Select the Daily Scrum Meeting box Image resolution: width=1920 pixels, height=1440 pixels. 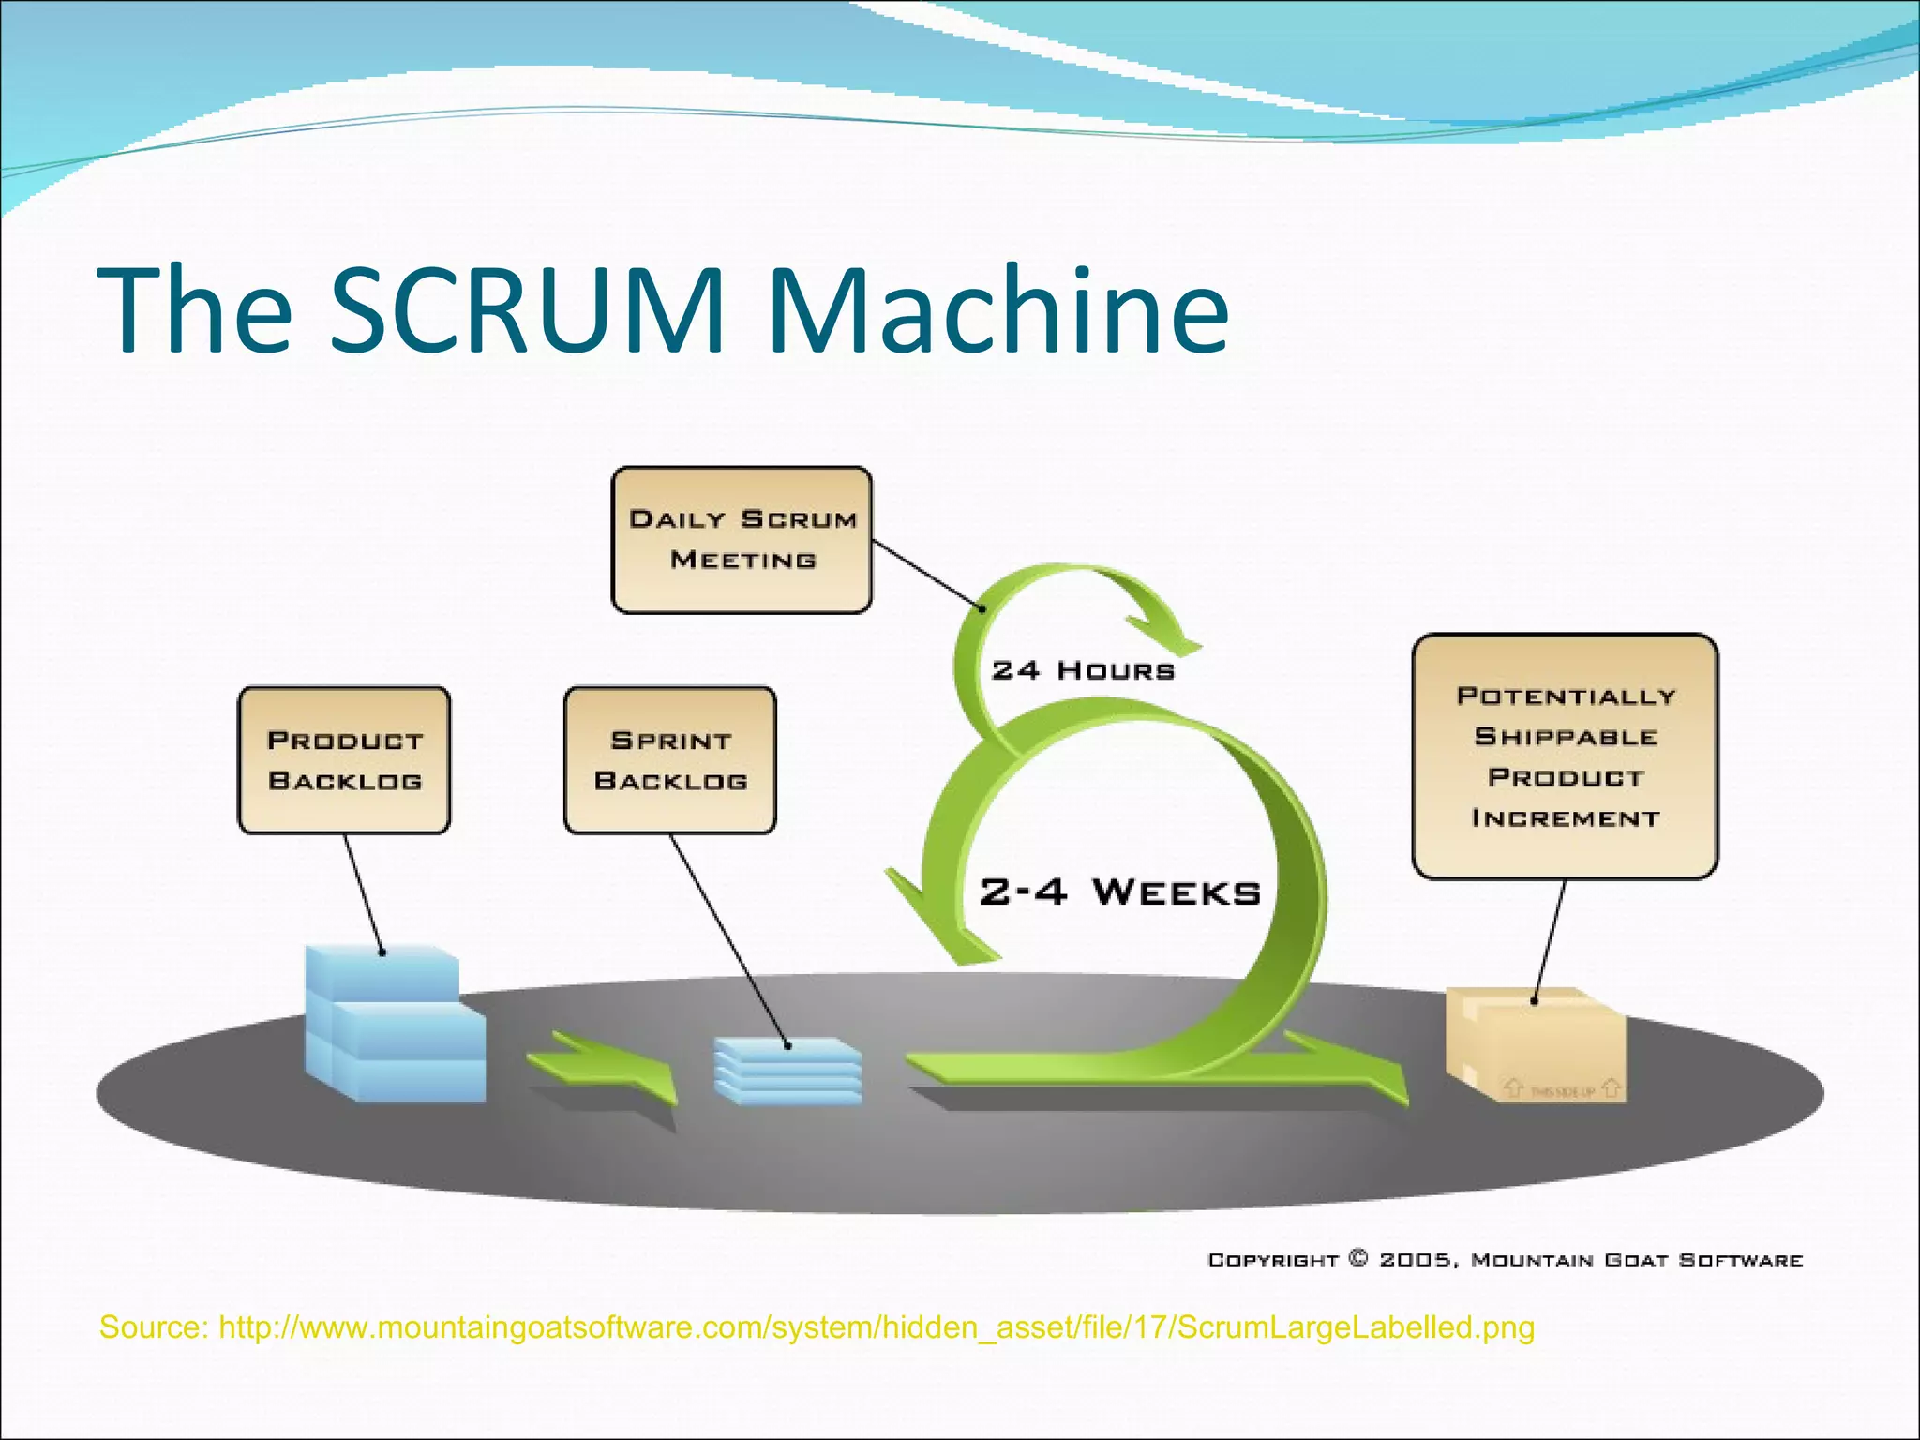(742, 540)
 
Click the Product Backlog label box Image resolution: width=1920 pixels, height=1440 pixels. (344, 760)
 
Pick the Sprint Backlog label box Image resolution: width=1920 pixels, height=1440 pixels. (670, 760)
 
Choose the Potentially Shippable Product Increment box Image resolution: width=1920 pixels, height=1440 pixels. (1565, 757)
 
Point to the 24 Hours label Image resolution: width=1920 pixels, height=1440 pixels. (1083, 671)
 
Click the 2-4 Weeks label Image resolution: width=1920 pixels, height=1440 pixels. (1119, 892)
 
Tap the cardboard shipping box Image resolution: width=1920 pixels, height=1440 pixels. (1536, 1045)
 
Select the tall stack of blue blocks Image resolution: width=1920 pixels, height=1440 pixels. (394, 1027)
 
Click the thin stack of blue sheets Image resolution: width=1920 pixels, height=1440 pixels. (787, 1072)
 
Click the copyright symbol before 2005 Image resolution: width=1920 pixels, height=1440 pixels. (1358, 1258)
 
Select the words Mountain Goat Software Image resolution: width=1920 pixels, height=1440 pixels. (1637, 1260)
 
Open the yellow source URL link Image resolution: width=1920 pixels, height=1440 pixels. (877, 1328)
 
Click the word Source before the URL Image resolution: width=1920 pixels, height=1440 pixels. (153, 1328)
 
